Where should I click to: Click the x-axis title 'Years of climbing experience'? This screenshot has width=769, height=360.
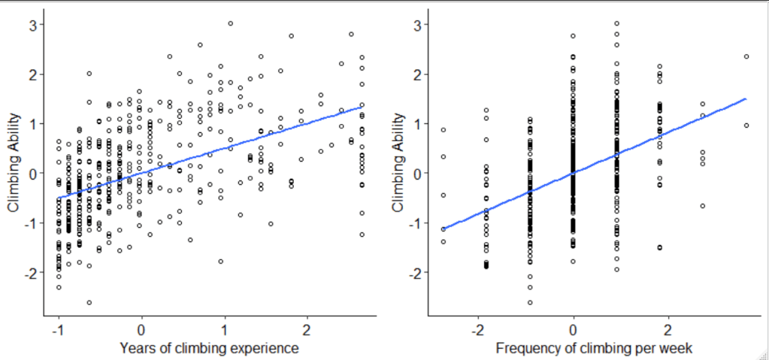coord(210,349)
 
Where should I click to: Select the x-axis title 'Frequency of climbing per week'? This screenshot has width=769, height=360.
coord(594,349)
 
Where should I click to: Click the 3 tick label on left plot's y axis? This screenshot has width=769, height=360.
coord(31,25)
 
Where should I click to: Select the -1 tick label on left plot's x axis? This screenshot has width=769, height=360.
coord(57,331)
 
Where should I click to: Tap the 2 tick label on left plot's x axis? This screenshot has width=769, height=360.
coord(306,331)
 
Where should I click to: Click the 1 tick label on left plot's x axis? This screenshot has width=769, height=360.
coord(223,331)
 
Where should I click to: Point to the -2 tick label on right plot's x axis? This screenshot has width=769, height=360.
coord(477,331)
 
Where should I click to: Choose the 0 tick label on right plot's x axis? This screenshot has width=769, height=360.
coord(574,331)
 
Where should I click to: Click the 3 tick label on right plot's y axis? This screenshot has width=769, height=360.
coord(415,25)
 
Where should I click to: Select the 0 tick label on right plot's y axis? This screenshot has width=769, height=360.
coord(415,174)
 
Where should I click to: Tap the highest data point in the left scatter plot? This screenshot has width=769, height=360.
coord(231,23)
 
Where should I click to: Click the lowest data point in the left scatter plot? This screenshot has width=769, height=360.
coord(89,302)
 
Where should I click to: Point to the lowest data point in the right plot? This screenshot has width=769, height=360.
coord(530,302)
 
